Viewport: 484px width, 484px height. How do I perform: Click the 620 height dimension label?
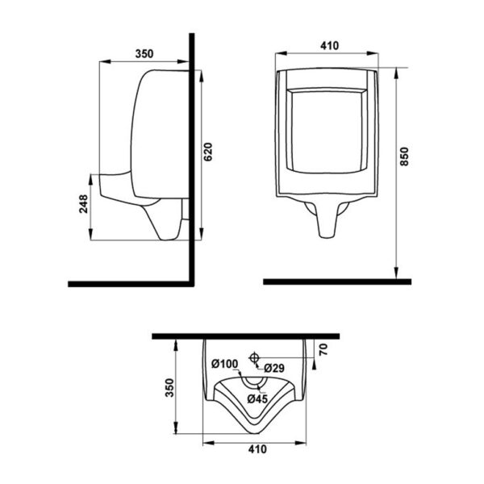point(209,152)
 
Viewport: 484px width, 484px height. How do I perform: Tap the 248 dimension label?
point(83,204)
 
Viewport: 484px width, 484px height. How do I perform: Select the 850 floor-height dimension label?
point(404,156)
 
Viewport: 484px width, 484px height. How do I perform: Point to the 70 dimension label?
point(323,349)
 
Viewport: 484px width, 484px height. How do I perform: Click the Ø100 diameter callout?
point(225,364)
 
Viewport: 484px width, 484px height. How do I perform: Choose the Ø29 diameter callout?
point(274,368)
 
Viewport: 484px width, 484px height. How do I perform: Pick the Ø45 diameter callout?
point(257,399)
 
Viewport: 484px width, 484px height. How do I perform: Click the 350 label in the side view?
point(144,54)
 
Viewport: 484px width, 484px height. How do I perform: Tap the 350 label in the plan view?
point(169,387)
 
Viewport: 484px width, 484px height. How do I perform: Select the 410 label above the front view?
point(329,46)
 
